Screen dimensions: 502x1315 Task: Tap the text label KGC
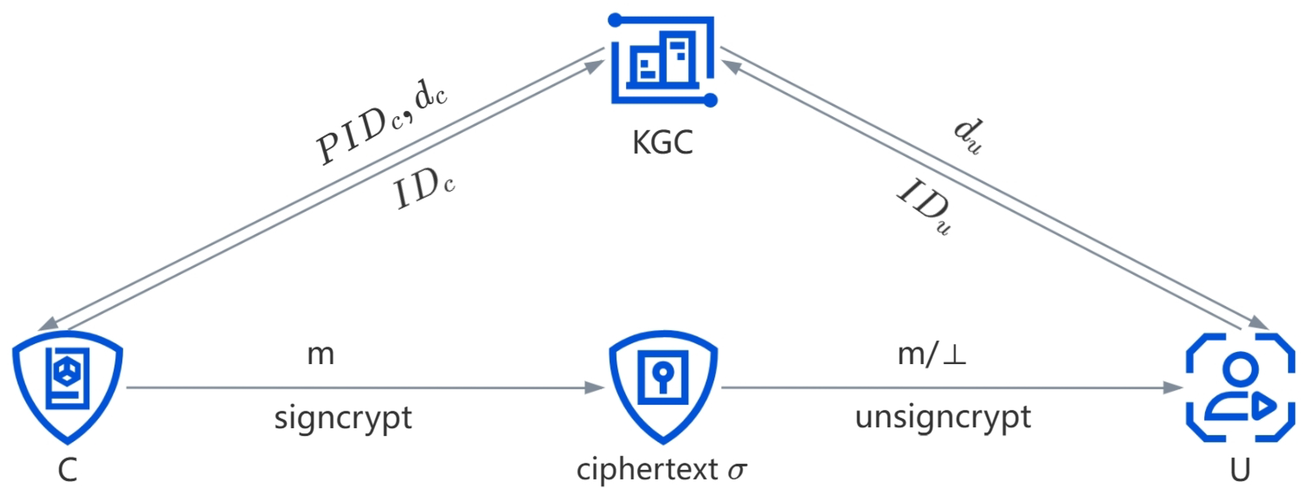(x=663, y=142)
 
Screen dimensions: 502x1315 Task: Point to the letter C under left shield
(x=67, y=470)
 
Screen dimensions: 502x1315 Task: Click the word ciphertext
(x=647, y=469)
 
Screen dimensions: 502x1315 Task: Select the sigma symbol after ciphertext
(x=737, y=470)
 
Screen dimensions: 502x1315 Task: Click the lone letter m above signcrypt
(x=321, y=354)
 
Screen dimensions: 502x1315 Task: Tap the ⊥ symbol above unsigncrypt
(x=954, y=355)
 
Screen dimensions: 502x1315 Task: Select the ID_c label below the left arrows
(x=424, y=190)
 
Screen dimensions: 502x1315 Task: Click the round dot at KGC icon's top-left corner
(x=615, y=20)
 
